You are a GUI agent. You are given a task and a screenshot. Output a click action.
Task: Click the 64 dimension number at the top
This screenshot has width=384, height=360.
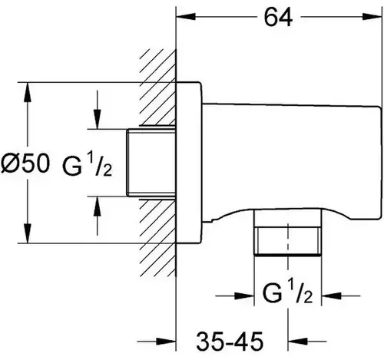click(278, 18)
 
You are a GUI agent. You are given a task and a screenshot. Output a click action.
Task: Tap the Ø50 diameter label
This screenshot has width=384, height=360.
click(25, 163)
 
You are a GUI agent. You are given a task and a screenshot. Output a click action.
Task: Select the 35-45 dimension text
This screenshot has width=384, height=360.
click(230, 342)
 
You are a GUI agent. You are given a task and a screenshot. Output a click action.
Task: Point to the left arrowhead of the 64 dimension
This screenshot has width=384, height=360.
click(186, 17)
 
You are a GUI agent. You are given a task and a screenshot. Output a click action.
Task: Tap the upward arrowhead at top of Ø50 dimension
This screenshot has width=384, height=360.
click(28, 92)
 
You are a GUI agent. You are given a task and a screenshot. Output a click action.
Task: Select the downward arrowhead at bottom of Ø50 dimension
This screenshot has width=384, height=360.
click(28, 233)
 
